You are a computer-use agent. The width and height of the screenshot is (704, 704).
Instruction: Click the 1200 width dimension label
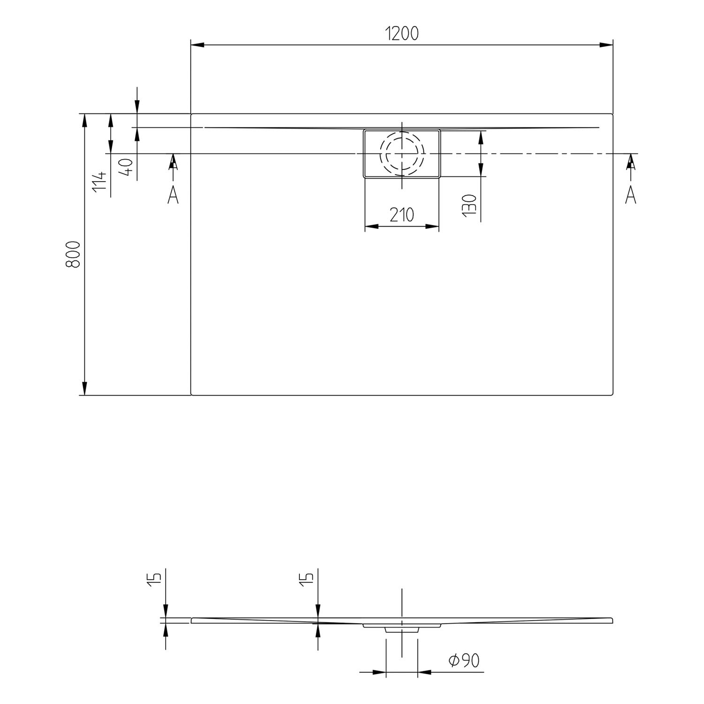point(401,34)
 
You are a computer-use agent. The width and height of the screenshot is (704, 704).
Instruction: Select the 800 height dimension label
point(73,254)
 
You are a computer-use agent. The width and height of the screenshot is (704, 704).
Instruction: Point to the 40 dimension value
point(126,167)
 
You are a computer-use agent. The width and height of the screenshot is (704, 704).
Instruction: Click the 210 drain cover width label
point(402,215)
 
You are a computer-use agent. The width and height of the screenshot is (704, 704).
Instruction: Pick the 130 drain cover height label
point(469,206)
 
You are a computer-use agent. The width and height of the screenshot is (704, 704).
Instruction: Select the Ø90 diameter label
point(464,661)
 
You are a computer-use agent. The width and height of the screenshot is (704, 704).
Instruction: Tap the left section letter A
point(173,194)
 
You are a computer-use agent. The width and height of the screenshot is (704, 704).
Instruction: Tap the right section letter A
point(631,194)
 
